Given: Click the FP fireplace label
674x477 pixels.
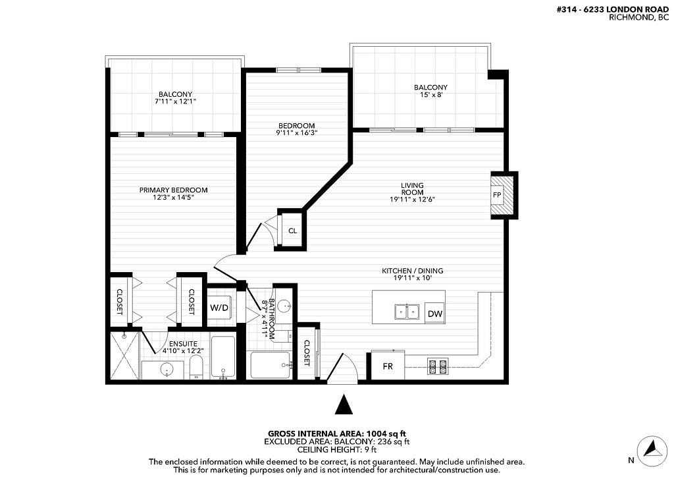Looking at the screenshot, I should (496, 196).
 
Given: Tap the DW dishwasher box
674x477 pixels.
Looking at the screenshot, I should (434, 314).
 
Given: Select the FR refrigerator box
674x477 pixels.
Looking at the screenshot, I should (388, 367).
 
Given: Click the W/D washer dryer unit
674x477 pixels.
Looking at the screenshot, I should (219, 308).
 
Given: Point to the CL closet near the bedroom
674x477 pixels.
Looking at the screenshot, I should (292, 231).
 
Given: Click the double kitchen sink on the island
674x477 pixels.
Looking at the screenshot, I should (407, 312).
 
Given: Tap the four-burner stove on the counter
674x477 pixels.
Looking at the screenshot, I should (438, 366).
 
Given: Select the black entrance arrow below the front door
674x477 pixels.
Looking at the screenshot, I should (344, 405).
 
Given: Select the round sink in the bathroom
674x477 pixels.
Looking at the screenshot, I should (284, 306).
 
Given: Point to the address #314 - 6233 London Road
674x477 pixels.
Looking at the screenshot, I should (613, 9).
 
